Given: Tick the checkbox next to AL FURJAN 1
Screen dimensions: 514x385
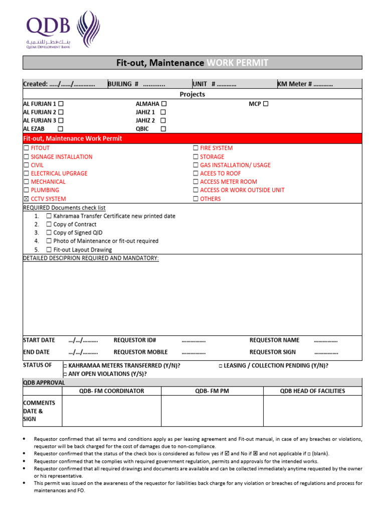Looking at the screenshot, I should click(61, 104).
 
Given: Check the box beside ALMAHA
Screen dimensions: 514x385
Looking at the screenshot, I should click(164, 104).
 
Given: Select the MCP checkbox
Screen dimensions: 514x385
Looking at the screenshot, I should click(266, 104).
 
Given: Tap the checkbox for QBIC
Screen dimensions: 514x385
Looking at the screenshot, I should click(163, 129).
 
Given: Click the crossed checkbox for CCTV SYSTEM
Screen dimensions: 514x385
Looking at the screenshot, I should click(27, 199).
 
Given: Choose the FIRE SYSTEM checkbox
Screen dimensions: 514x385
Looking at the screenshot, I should click(196, 148).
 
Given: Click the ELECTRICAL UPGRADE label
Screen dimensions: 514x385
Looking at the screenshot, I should click(59, 173).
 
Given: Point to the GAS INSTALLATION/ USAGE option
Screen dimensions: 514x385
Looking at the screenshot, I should click(235, 165).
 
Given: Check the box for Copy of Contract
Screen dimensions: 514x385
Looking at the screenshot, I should click(49, 224).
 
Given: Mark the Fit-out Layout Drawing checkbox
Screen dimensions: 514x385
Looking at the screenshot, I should click(49, 249).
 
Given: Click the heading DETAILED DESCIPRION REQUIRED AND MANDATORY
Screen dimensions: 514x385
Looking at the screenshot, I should click(91, 258).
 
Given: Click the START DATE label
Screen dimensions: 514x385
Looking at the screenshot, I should click(39, 340).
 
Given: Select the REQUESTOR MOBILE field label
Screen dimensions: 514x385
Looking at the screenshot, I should click(140, 352).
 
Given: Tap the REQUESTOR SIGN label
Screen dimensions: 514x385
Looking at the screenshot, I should click(272, 352).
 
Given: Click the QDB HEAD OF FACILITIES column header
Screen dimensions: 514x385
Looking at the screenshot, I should click(312, 391).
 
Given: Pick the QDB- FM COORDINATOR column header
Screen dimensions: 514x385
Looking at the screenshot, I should click(111, 391).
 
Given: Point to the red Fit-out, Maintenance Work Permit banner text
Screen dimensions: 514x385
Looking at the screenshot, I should click(73, 138).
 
